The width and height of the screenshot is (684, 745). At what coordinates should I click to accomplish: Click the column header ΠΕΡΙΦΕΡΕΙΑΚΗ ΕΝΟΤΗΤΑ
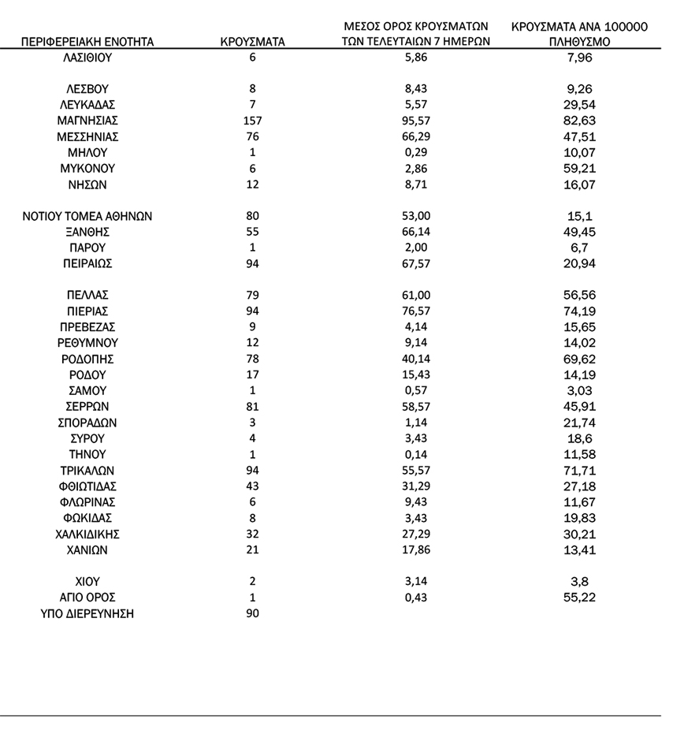[87, 42]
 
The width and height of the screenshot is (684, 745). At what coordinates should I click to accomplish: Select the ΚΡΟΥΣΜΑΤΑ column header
[252, 42]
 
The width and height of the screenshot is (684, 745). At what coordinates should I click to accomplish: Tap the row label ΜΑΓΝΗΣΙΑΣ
[87, 121]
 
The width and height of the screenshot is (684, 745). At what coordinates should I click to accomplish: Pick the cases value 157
[252, 121]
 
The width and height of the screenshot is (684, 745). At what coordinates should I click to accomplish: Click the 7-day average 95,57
[417, 121]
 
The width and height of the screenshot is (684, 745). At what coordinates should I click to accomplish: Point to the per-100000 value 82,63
[579, 121]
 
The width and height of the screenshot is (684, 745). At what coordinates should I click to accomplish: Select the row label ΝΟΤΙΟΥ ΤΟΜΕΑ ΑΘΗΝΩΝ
[87, 216]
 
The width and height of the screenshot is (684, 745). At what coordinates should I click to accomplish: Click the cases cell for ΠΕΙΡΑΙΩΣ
[252, 263]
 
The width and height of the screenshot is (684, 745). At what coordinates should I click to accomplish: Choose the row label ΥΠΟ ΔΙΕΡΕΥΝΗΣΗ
[87, 613]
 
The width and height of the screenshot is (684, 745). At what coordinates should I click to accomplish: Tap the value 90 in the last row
[252, 613]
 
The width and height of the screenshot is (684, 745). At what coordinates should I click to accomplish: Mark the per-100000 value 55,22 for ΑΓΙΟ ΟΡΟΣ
[579, 598]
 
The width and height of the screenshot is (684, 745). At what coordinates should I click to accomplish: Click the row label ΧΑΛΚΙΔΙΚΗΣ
[87, 534]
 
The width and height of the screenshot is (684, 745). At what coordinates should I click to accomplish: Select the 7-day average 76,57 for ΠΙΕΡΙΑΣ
[417, 311]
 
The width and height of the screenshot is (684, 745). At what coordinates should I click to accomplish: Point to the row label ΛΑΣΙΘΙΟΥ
[87, 58]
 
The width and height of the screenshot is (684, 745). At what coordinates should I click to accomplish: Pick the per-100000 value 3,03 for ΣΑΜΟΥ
[579, 391]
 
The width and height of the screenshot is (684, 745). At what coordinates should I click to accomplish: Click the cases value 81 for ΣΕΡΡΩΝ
[252, 407]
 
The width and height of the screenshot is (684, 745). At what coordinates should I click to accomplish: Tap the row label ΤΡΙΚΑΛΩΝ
[87, 471]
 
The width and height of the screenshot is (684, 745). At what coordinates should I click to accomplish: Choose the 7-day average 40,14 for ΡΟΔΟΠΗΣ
[417, 359]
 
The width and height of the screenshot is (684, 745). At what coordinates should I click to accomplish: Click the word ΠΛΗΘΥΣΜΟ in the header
[579, 42]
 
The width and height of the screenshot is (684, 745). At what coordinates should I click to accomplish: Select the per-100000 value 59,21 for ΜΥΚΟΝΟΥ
[579, 168]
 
